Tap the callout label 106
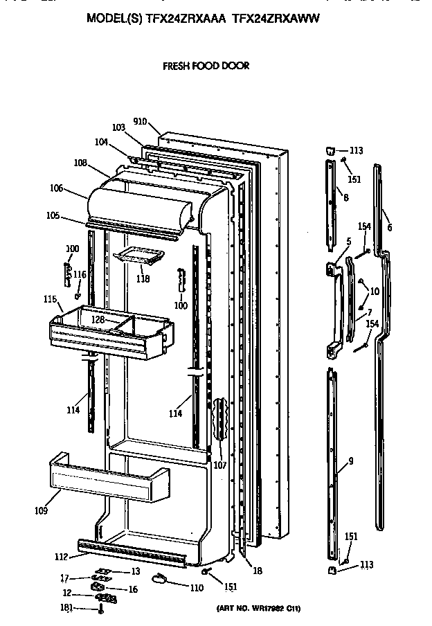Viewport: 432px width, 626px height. click(x=56, y=188)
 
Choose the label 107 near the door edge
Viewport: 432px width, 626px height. click(x=219, y=465)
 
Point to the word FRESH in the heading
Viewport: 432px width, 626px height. click(x=176, y=66)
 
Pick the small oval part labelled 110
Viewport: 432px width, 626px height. click(x=160, y=579)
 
